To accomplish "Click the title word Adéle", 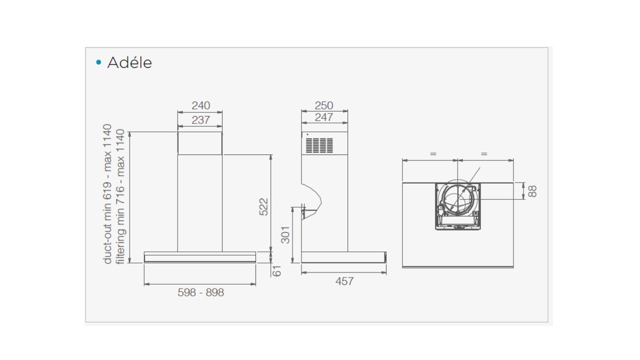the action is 129,62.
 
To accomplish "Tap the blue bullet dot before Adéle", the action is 99,62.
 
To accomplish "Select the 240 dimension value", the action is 201,105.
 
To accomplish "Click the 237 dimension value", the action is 201,120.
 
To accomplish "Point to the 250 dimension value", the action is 324,105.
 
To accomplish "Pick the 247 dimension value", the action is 324,117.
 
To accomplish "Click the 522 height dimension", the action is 263,207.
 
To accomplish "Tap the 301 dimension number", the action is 285,235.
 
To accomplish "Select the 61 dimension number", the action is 276,271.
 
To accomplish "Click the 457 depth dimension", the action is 344,281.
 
